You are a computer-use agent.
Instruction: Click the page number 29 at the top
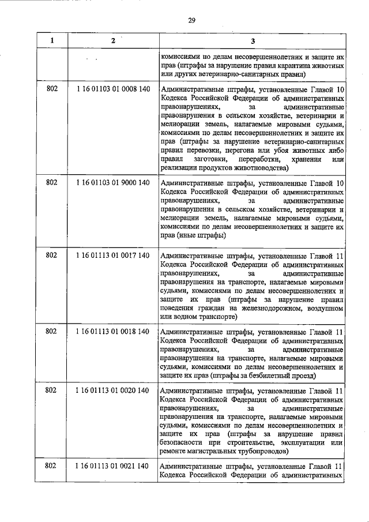192,21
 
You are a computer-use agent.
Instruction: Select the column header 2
113,41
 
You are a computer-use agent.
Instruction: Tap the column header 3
253,41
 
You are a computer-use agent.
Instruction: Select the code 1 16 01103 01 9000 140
113,183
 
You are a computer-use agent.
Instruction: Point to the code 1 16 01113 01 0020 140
113,391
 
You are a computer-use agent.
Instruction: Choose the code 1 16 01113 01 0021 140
113,466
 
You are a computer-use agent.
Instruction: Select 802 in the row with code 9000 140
51,183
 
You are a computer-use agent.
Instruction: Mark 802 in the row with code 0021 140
51,466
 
